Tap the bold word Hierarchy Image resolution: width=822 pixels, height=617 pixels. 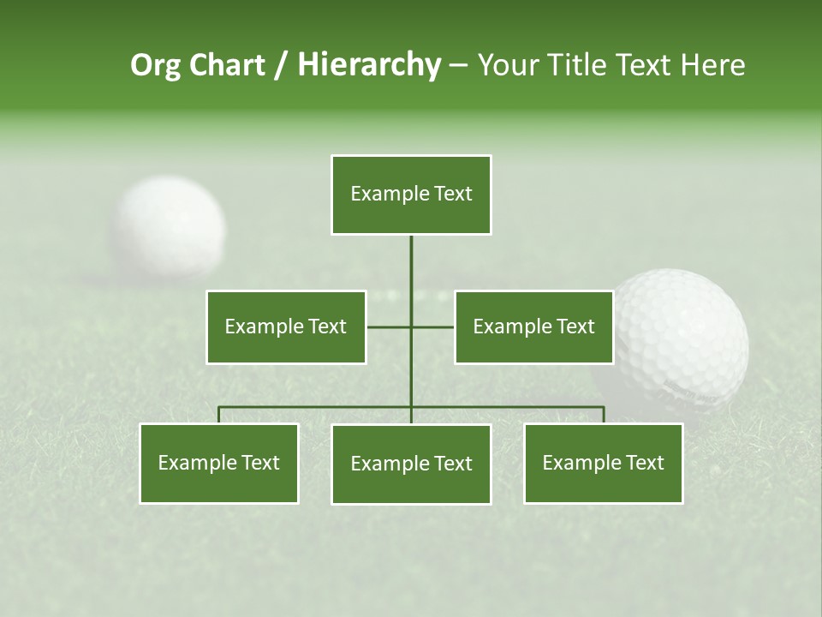(369, 65)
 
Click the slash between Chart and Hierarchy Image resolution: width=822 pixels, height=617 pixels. (281, 65)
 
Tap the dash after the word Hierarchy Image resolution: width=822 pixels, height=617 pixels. (458, 65)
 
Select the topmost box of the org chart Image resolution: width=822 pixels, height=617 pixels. (411, 195)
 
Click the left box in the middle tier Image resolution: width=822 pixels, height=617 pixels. (286, 326)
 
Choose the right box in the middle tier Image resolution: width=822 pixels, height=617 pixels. (533, 326)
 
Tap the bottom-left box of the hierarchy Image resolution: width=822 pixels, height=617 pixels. (219, 464)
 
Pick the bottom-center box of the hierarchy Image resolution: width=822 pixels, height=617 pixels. (411, 464)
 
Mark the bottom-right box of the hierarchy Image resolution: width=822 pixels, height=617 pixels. (603, 464)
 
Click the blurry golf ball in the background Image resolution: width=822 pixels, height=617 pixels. (169, 227)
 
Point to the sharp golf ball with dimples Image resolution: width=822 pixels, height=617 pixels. (681, 338)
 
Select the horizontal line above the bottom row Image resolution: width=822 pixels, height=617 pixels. (317, 407)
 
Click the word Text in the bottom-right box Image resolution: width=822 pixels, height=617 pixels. (644, 464)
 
